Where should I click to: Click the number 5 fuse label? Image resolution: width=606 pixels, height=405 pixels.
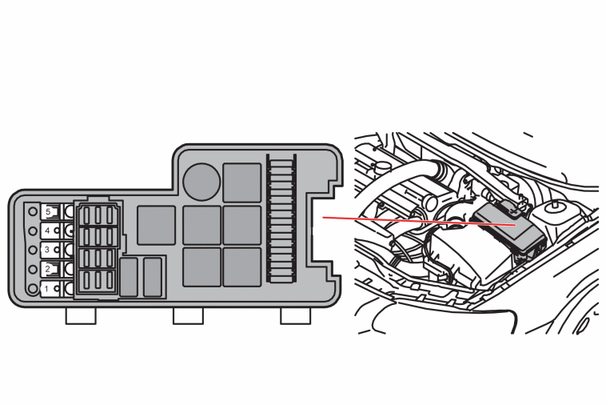pyautogui.click(x=48, y=211)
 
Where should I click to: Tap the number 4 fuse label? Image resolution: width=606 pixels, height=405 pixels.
pyautogui.click(x=47, y=231)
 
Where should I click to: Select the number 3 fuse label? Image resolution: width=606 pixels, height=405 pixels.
pyautogui.click(x=47, y=250)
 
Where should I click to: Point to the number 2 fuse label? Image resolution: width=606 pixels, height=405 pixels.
pyautogui.click(x=47, y=269)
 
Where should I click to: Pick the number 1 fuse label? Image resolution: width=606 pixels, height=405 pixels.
pyautogui.click(x=46, y=289)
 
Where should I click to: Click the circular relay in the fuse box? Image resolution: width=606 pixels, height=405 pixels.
pyautogui.click(x=201, y=182)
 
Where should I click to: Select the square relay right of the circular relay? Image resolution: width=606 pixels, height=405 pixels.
pyautogui.click(x=242, y=182)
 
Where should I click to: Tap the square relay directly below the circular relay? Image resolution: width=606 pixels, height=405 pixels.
pyautogui.click(x=201, y=225)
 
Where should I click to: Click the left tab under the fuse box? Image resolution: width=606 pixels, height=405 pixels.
pyautogui.click(x=81, y=315)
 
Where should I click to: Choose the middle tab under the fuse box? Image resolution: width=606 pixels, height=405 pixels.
pyautogui.click(x=188, y=315)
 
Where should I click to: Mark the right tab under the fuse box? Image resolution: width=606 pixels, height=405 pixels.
pyautogui.click(x=295, y=315)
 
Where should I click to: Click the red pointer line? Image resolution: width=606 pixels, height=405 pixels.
pyautogui.click(x=419, y=221)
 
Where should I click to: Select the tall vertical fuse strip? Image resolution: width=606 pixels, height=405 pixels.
pyautogui.click(x=281, y=219)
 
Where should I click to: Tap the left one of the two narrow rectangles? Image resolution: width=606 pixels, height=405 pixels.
pyautogui.click(x=129, y=278)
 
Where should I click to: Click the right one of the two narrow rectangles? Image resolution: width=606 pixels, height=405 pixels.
pyautogui.click(x=153, y=278)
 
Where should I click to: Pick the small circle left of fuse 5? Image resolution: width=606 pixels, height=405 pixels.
pyautogui.click(x=33, y=211)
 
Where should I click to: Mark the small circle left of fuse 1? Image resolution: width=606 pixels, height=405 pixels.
pyautogui.click(x=33, y=288)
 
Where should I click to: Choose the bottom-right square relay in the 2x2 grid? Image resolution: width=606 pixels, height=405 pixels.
pyautogui.click(x=242, y=267)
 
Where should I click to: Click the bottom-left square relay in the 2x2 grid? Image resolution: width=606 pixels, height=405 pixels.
pyautogui.click(x=201, y=267)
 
